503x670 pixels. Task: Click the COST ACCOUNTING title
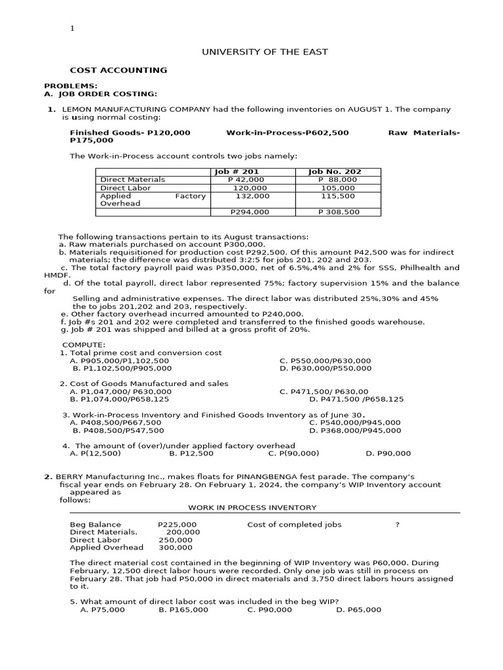tap(119, 70)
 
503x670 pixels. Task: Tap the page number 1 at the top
tap(73, 29)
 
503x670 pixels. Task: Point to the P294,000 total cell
tap(250, 212)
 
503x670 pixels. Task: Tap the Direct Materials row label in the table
tap(132, 179)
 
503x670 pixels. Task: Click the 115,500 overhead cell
tap(337, 196)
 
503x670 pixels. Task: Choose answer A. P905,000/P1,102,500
tap(119, 361)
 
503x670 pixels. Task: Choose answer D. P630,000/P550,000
tap(325, 368)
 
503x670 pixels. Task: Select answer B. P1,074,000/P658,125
tap(119, 398)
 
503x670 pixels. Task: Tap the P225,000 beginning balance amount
tap(177, 525)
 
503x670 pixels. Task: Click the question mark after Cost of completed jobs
tap(398, 525)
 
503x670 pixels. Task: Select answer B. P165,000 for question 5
tap(183, 610)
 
